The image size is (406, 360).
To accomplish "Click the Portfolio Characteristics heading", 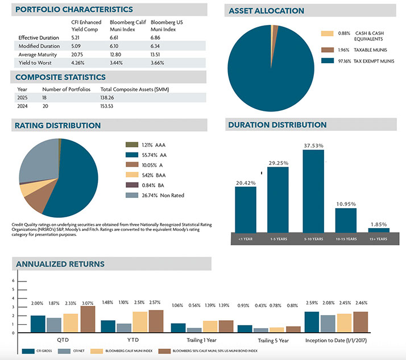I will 74,10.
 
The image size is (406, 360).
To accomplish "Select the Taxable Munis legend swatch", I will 326,49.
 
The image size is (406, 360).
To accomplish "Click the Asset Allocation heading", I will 266,11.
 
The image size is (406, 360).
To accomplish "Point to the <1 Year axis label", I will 245,240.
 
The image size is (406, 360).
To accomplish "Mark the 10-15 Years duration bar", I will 346,220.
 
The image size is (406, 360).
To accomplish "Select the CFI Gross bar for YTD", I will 108,326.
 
